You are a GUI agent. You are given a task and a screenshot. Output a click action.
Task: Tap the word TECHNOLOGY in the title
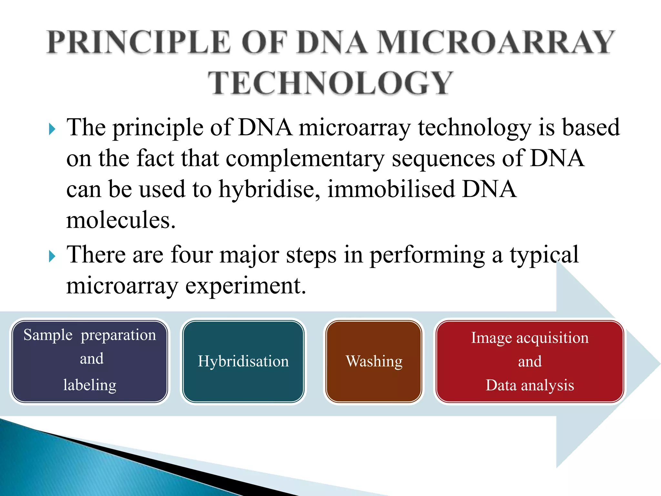click(x=330, y=83)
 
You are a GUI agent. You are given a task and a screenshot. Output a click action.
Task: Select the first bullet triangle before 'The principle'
click(x=52, y=129)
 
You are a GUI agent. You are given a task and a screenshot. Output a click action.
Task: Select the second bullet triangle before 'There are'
click(x=52, y=257)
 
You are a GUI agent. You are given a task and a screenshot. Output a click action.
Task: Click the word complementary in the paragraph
click(x=305, y=159)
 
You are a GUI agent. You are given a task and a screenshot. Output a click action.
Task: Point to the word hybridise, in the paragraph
click(x=269, y=190)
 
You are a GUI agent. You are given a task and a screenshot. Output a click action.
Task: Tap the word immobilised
click(x=391, y=190)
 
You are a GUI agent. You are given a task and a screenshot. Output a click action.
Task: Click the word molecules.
click(x=121, y=220)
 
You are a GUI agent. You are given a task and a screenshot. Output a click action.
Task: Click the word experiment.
click(x=245, y=286)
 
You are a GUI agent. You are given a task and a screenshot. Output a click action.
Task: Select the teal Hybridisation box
click(x=243, y=361)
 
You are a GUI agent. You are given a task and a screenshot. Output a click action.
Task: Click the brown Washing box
click(x=374, y=361)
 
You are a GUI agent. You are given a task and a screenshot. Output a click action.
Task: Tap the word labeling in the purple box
click(x=90, y=385)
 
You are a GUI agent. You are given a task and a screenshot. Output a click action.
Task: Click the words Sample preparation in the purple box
click(x=90, y=335)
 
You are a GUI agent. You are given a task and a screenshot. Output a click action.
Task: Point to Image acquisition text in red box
click(x=530, y=338)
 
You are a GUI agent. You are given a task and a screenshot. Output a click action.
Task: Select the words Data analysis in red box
click(x=530, y=385)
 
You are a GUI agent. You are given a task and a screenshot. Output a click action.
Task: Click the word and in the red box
click(x=530, y=361)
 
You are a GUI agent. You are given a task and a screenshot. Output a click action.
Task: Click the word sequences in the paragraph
click(x=443, y=159)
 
